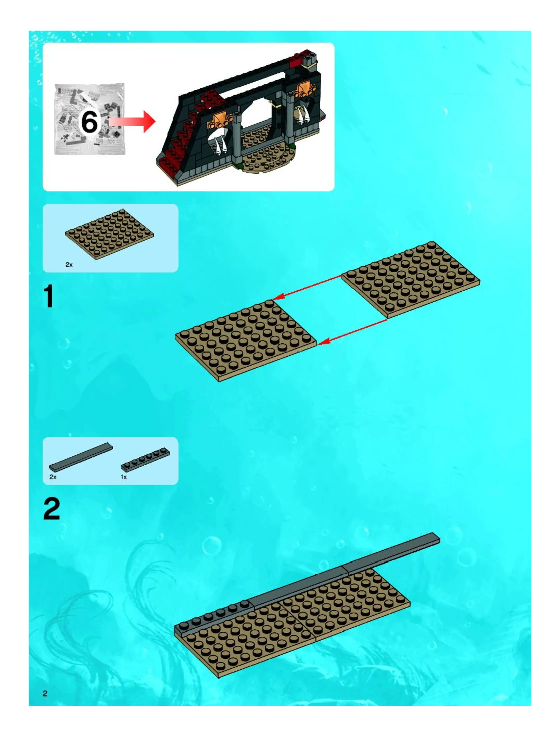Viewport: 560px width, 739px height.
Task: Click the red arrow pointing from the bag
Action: coord(132,121)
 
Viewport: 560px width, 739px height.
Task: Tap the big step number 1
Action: coord(49,296)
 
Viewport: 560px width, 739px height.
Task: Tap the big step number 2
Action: coord(51,509)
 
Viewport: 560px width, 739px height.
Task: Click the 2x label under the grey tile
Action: coord(53,477)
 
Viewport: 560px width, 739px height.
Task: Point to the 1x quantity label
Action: coord(124,477)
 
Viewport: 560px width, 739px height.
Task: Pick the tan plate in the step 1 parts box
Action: coord(109,234)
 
